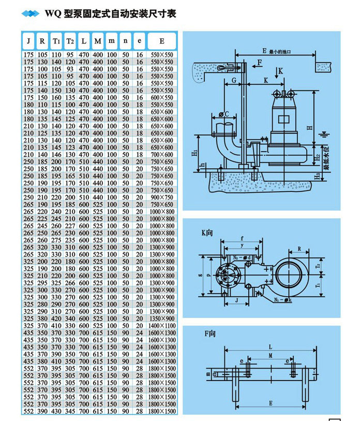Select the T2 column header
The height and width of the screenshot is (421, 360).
pos(70,41)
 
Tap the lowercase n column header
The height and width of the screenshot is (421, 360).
pos(126,41)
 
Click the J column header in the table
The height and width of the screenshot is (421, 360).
pos(28,41)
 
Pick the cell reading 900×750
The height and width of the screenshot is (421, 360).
pos(162,197)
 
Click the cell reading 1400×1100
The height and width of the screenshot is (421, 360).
pos(162,326)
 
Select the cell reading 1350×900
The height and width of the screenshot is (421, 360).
pos(162,319)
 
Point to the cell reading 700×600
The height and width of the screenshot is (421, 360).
pos(162,154)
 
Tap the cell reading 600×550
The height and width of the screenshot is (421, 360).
pos(162,97)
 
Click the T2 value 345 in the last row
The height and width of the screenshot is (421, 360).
pos(70,411)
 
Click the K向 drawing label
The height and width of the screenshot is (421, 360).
pos(207,233)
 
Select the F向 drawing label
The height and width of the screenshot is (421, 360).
pos(209,335)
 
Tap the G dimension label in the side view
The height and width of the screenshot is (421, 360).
pos(234,80)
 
